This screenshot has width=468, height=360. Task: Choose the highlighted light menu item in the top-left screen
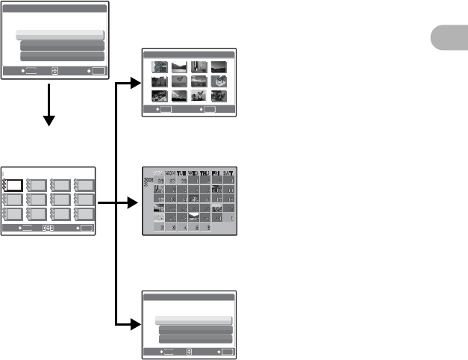(60, 35)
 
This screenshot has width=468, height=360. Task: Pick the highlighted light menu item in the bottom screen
(194, 320)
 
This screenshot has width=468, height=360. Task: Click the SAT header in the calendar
(228, 173)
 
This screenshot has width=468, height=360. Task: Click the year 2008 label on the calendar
(149, 180)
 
